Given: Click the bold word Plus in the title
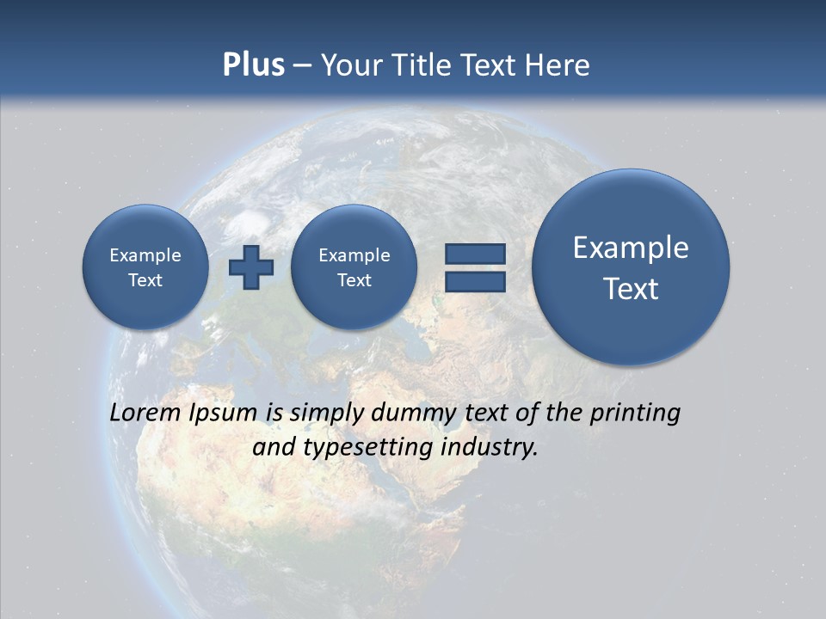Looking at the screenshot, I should [x=253, y=65].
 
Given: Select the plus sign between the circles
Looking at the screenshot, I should [x=251, y=267].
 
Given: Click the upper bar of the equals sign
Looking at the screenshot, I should [x=475, y=254].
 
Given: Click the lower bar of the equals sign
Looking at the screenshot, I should [x=475, y=281].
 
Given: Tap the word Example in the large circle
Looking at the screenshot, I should [x=631, y=248].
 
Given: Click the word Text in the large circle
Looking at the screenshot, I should [x=631, y=289].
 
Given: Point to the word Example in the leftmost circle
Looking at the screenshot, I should [x=145, y=255].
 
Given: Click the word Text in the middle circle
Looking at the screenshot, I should [x=354, y=280].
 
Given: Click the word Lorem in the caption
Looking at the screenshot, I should [x=145, y=413].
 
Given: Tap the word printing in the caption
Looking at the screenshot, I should [x=634, y=414].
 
